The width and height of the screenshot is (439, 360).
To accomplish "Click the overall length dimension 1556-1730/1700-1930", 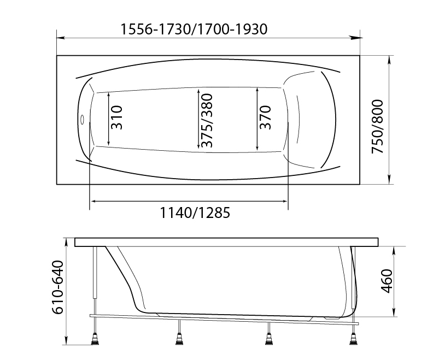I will click(x=194, y=28).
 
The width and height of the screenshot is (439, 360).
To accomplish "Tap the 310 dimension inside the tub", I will click(x=116, y=117).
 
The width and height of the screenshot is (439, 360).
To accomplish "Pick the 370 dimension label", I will click(x=265, y=117).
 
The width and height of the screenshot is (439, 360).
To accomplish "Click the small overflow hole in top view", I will click(x=82, y=119).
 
